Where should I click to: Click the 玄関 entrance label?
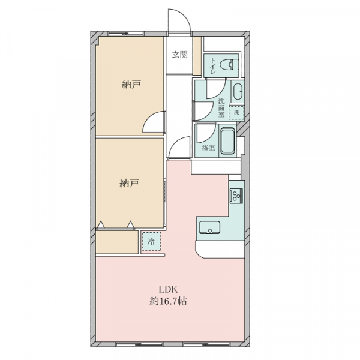click(x=180, y=55)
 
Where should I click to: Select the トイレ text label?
click(x=213, y=66)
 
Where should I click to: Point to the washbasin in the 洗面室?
click(x=238, y=91)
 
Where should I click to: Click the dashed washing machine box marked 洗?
click(x=236, y=113)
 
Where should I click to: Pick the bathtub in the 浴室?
click(x=227, y=141)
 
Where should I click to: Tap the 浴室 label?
click(x=208, y=148)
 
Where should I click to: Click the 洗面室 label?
click(x=221, y=107)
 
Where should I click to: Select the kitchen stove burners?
click(x=236, y=196)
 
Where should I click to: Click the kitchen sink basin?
click(x=209, y=227)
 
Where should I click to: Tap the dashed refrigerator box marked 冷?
click(x=151, y=241)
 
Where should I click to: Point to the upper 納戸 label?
click(x=131, y=85)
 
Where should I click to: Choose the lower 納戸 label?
click(x=129, y=183)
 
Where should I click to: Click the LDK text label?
click(x=169, y=289)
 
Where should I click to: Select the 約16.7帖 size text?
click(x=168, y=301)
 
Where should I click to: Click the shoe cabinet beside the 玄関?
click(x=197, y=56)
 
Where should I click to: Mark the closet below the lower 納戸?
click(x=117, y=242)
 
